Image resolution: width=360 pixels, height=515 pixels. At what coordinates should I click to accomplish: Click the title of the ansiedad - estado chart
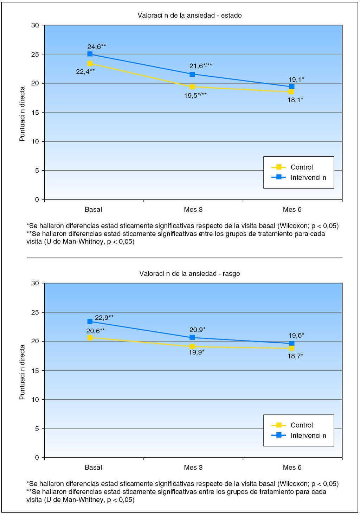pos(189,15)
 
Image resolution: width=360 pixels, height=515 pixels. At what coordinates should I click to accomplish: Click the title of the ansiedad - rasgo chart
pos(189,273)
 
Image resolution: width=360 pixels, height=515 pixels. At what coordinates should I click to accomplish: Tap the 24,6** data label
pos(97,46)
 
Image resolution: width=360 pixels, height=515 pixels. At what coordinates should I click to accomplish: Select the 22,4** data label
pos(85,71)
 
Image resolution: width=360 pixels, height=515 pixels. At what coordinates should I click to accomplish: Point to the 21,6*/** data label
pos(201,66)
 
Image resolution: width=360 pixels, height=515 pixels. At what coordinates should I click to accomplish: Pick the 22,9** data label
pos(104,318)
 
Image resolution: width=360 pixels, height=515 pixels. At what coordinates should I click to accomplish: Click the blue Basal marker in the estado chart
pos(90,54)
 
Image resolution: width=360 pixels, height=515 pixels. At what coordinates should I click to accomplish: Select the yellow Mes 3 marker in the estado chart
pos(192,87)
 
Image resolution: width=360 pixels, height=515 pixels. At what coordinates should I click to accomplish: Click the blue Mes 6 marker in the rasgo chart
pos(291,343)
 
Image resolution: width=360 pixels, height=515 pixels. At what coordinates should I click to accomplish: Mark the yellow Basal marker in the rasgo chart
pos(90,337)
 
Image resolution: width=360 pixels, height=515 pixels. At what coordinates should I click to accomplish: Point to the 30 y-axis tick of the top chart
pos(35,25)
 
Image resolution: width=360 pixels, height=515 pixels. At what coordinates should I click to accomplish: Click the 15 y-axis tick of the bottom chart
pos(35,370)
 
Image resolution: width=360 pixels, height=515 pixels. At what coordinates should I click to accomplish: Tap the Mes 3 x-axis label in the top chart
pos(193,210)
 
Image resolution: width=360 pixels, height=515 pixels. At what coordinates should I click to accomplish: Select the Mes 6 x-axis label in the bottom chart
pos(292,468)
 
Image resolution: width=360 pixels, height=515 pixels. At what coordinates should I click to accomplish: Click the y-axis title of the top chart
pos(22,114)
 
